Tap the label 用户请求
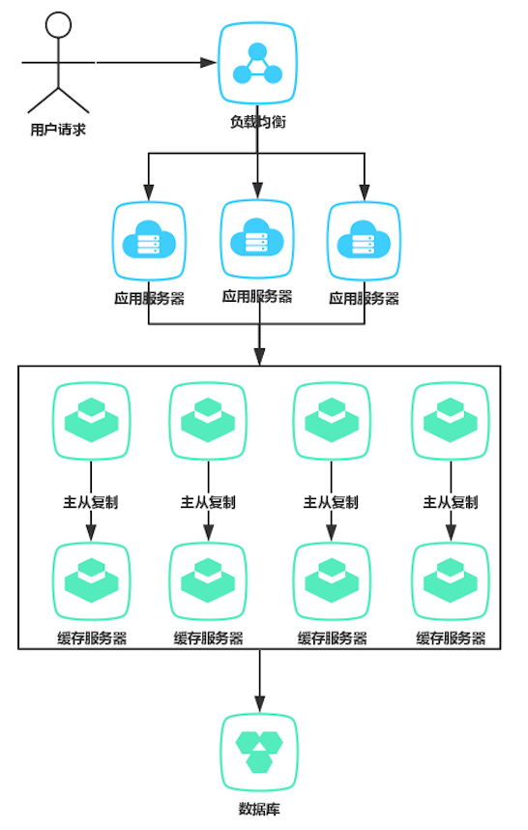[x=58, y=128]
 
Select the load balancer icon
[x=257, y=65]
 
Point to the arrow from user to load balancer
[x=155, y=63]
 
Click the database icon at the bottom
[x=258, y=752]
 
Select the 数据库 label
[x=258, y=809]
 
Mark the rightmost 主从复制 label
[x=451, y=502]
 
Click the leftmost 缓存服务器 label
[x=91, y=638]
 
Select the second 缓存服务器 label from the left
[x=209, y=638]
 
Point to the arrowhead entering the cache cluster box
[x=258, y=359]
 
